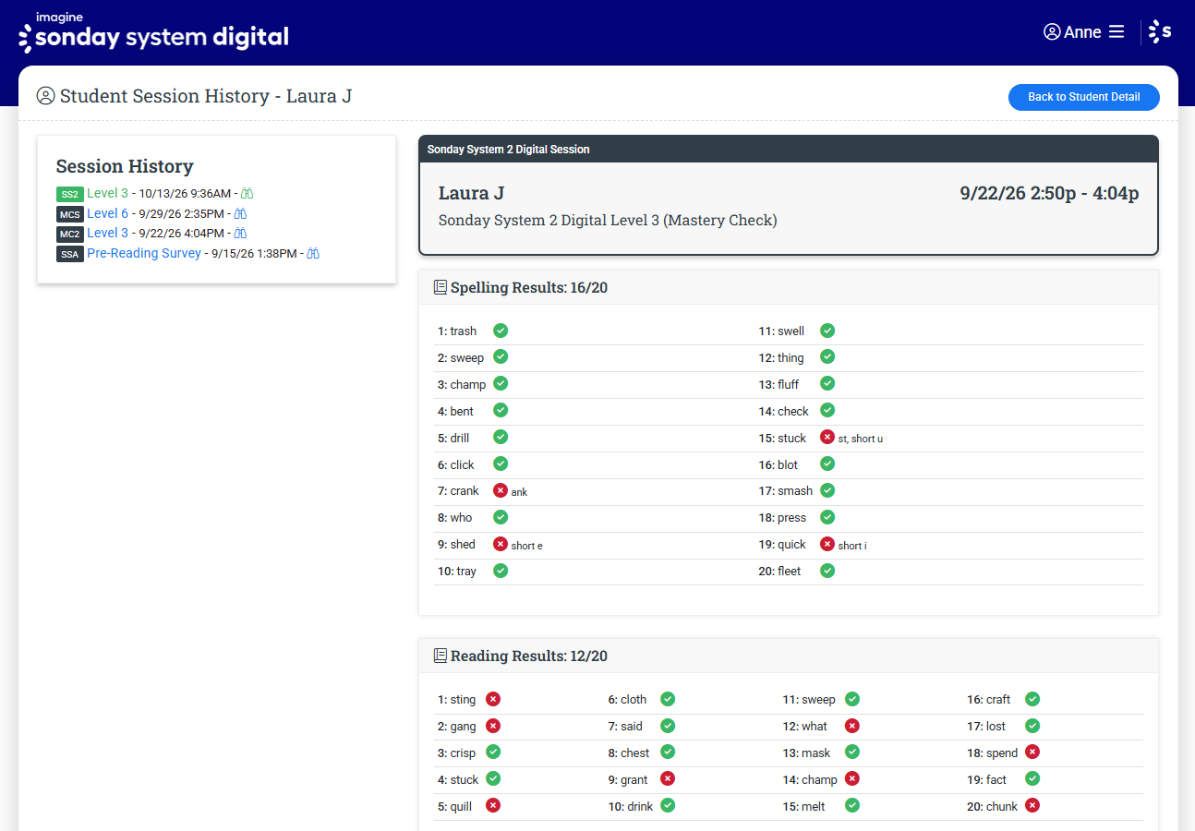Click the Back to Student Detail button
point(1083,97)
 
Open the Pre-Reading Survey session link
point(144,253)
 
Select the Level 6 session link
point(107,213)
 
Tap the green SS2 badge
point(70,194)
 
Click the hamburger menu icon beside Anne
point(1117,32)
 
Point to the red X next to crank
point(500,490)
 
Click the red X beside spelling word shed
point(500,544)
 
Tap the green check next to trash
point(501,331)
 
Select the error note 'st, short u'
point(860,439)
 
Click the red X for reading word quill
point(493,805)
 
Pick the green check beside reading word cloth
point(668,699)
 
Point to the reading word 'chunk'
point(1004,806)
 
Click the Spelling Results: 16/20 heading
point(528,287)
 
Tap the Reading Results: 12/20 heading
point(528,656)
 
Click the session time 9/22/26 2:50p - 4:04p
point(1049,193)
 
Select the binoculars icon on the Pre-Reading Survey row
point(313,253)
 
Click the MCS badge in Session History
point(70,214)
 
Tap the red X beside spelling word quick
point(827,544)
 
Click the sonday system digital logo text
point(162,37)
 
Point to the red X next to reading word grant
point(668,778)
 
